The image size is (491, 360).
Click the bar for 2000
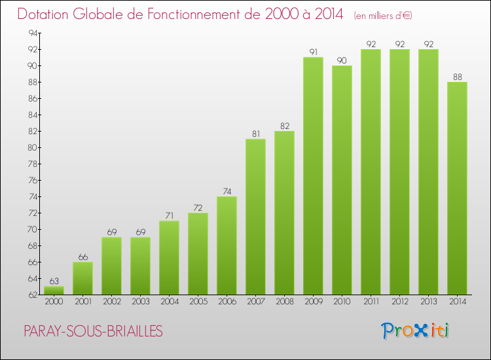(54, 290)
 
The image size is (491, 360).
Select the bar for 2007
(255, 217)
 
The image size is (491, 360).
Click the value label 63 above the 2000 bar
(54, 281)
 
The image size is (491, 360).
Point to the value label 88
(457, 77)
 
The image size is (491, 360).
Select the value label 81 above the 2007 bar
(255, 134)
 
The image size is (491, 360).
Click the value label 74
(227, 191)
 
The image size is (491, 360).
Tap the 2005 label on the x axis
(198, 303)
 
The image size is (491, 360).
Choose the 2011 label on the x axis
(371, 303)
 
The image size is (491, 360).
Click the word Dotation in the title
(46, 14)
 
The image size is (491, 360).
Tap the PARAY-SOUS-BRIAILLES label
(93, 331)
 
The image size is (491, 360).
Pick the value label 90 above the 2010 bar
(342, 60)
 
